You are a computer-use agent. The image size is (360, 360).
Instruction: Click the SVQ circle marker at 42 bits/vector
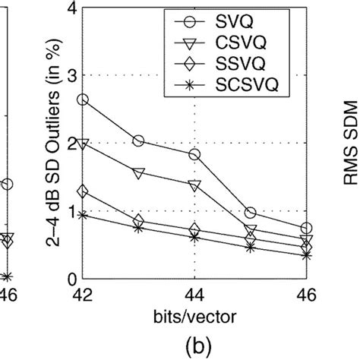pos(83,99)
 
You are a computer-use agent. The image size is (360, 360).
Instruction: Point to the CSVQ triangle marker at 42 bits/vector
pos(83,144)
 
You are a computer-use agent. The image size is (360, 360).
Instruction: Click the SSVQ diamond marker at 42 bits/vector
pos(83,191)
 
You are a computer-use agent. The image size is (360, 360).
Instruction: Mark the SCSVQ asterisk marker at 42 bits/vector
pos(83,215)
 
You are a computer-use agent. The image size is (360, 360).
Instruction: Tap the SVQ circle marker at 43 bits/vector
pos(138,141)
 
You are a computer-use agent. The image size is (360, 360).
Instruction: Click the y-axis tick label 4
pos(71,8)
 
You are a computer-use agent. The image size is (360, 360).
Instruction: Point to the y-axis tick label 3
pos(71,76)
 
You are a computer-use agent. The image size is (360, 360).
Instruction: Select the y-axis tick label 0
pos(71,279)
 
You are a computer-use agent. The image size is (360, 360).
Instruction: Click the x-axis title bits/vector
pos(194,313)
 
